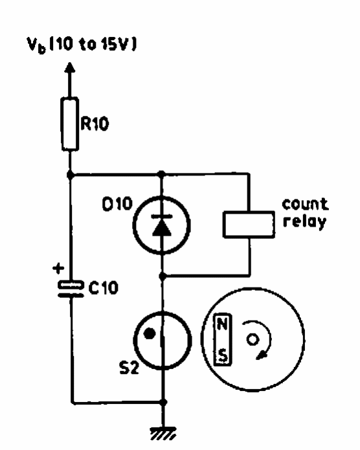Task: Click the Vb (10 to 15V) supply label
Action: [x=82, y=45]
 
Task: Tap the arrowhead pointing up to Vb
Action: [x=70, y=68]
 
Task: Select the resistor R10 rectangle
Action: [x=70, y=124]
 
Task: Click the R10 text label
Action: [x=95, y=124]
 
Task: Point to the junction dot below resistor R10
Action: [x=70, y=174]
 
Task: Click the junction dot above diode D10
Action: [x=161, y=174]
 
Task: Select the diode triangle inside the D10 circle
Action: [x=162, y=229]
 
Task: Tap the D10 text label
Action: [x=117, y=204]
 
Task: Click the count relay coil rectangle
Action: [x=249, y=225]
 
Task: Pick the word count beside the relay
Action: [x=305, y=205]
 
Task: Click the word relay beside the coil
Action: [x=304, y=221]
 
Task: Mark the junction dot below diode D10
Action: [x=163, y=276]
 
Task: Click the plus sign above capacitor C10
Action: [x=58, y=269]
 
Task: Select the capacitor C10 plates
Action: [x=71, y=289]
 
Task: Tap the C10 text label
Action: [x=104, y=287]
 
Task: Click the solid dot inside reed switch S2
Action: [x=150, y=333]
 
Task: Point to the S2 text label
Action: [x=129, y=368]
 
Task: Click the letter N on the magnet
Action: [x=223, y=324]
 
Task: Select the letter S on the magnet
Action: [x=223, y=355]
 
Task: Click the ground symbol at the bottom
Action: [x=163, y=434]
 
